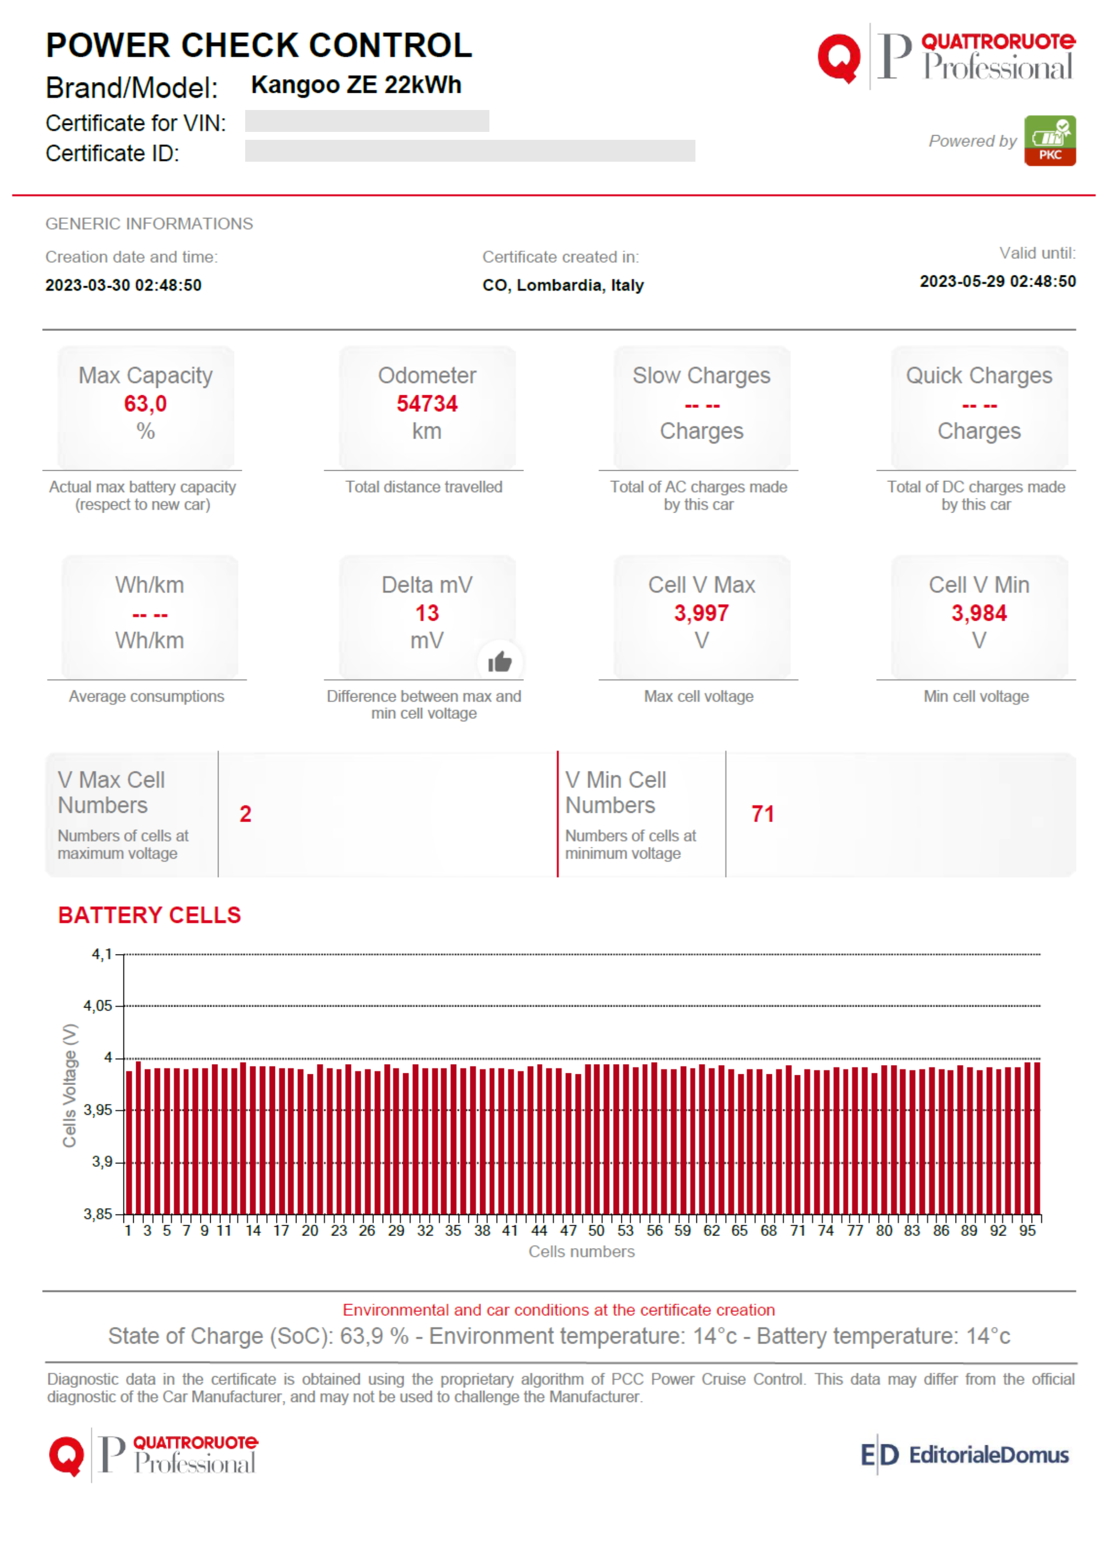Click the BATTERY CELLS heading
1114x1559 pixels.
[150, 914]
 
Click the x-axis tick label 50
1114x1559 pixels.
[596, 1230]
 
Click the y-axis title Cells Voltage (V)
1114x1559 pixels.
[69, 1085]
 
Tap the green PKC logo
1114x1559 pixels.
[1050, 141]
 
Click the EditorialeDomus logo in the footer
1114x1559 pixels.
[964, 1454]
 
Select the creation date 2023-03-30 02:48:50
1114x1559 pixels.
[124, 285]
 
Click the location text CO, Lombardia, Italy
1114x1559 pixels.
[563, 285]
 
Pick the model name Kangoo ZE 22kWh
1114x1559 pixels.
[356, 84]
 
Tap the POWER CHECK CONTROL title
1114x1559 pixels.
[259, 45]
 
